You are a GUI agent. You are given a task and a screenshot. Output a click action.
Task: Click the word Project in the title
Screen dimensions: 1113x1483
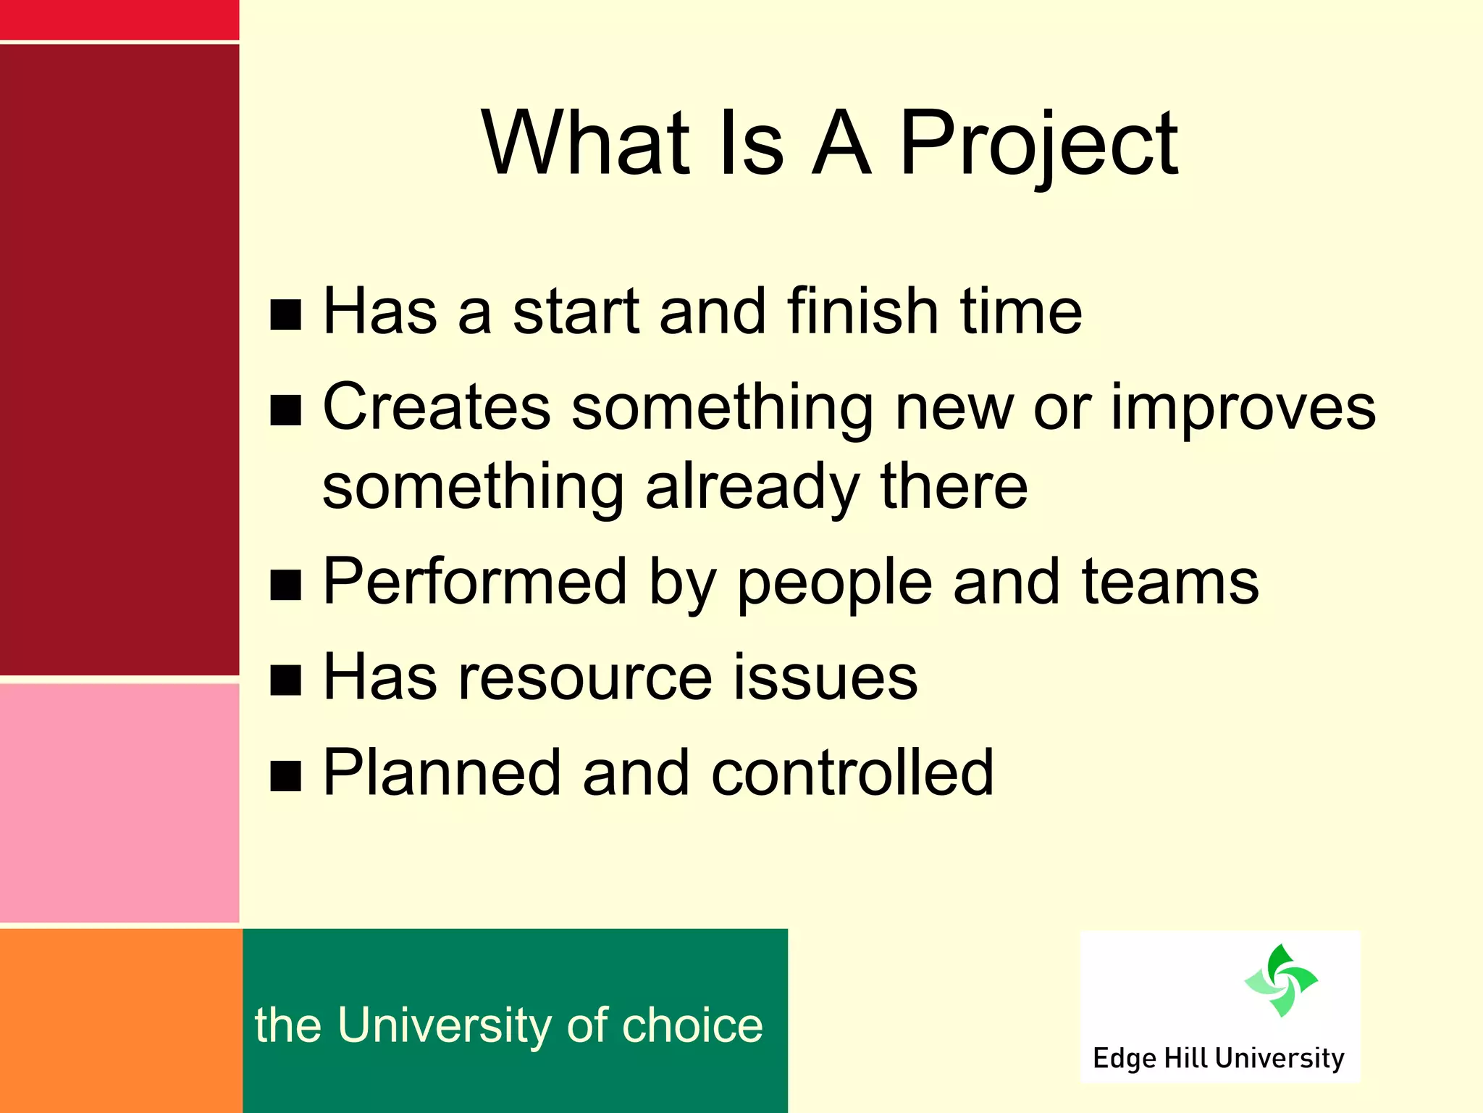[x=1039, y=145]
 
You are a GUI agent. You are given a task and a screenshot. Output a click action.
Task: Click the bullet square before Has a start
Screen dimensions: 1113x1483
[x=285, y=314]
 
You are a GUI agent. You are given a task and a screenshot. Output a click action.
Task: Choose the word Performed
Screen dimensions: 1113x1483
[x=474, y=582]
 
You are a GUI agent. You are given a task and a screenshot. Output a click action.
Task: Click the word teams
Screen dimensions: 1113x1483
[x=1170, y=583]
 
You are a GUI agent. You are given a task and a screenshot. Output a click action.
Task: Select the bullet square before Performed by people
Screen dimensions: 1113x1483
[x=285, y=585]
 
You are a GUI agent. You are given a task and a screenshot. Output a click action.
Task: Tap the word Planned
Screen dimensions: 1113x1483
[x=441, y=773]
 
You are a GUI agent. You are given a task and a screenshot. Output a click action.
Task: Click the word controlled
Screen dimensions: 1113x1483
[x=852, y=773]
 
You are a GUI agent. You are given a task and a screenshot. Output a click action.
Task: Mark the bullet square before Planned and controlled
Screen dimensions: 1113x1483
[x=285, y=776]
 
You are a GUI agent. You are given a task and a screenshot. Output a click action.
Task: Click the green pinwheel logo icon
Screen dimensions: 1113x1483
[x=1281, y=980]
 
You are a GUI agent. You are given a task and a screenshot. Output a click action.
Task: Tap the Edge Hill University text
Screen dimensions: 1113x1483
[x=1219, y=1058]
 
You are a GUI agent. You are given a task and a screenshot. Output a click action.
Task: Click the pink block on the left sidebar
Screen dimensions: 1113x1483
[x=119, y=802]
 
